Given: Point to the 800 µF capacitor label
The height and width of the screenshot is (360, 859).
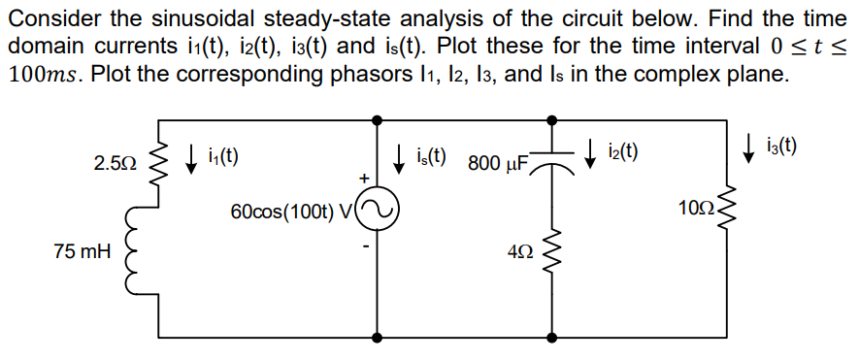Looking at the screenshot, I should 498,163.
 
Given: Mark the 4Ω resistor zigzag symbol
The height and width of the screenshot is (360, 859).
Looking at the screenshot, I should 552,251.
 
